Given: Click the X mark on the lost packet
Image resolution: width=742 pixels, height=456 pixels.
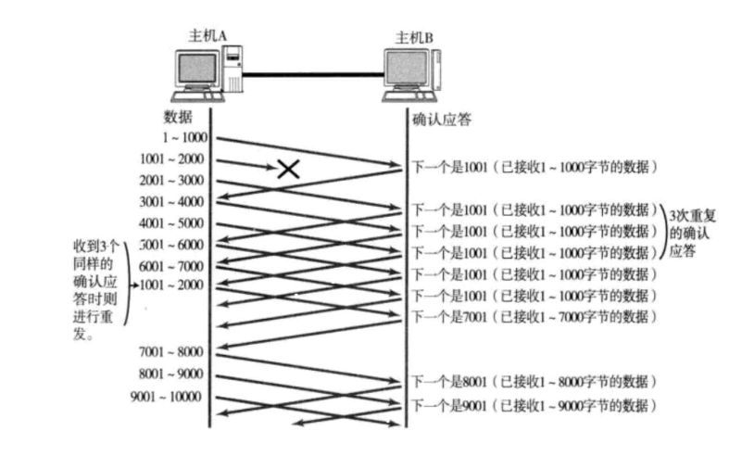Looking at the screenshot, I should click(289, 168).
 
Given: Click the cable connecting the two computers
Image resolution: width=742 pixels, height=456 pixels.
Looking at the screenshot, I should click(313, 77).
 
